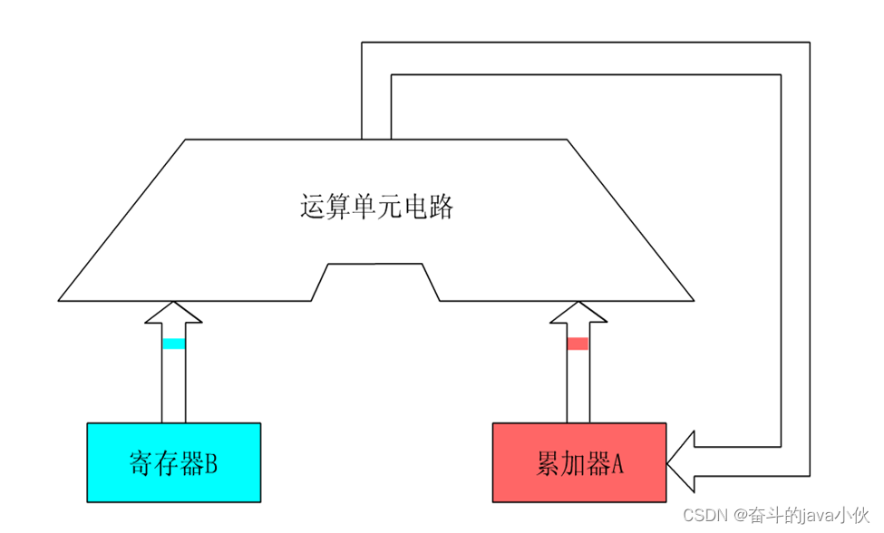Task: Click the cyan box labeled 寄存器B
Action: (x=174, y=462)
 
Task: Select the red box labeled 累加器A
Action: (x=579, y=462)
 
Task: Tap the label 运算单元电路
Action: (x=376, y=206)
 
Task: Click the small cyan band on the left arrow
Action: (x=174, y=344)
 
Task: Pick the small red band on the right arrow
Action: (x=578, y=344)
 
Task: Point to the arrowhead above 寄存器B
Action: (x=174, y=312)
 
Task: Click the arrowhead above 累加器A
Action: (x=578, y=312)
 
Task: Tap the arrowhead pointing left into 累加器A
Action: (x=681, y=462)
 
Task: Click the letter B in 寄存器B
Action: (x=211, y=464)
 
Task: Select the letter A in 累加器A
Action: (x=617, y=464)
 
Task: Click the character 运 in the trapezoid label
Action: (x=312, y=206)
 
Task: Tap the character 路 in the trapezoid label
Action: (x=442, y=206)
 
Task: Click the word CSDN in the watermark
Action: (x=705, y=515)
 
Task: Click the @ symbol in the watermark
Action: (x=741, y=515)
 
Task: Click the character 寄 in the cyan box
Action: (x=141, y=464)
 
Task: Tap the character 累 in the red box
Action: (x=548, y=464)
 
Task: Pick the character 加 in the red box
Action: (x=573, y=464)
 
